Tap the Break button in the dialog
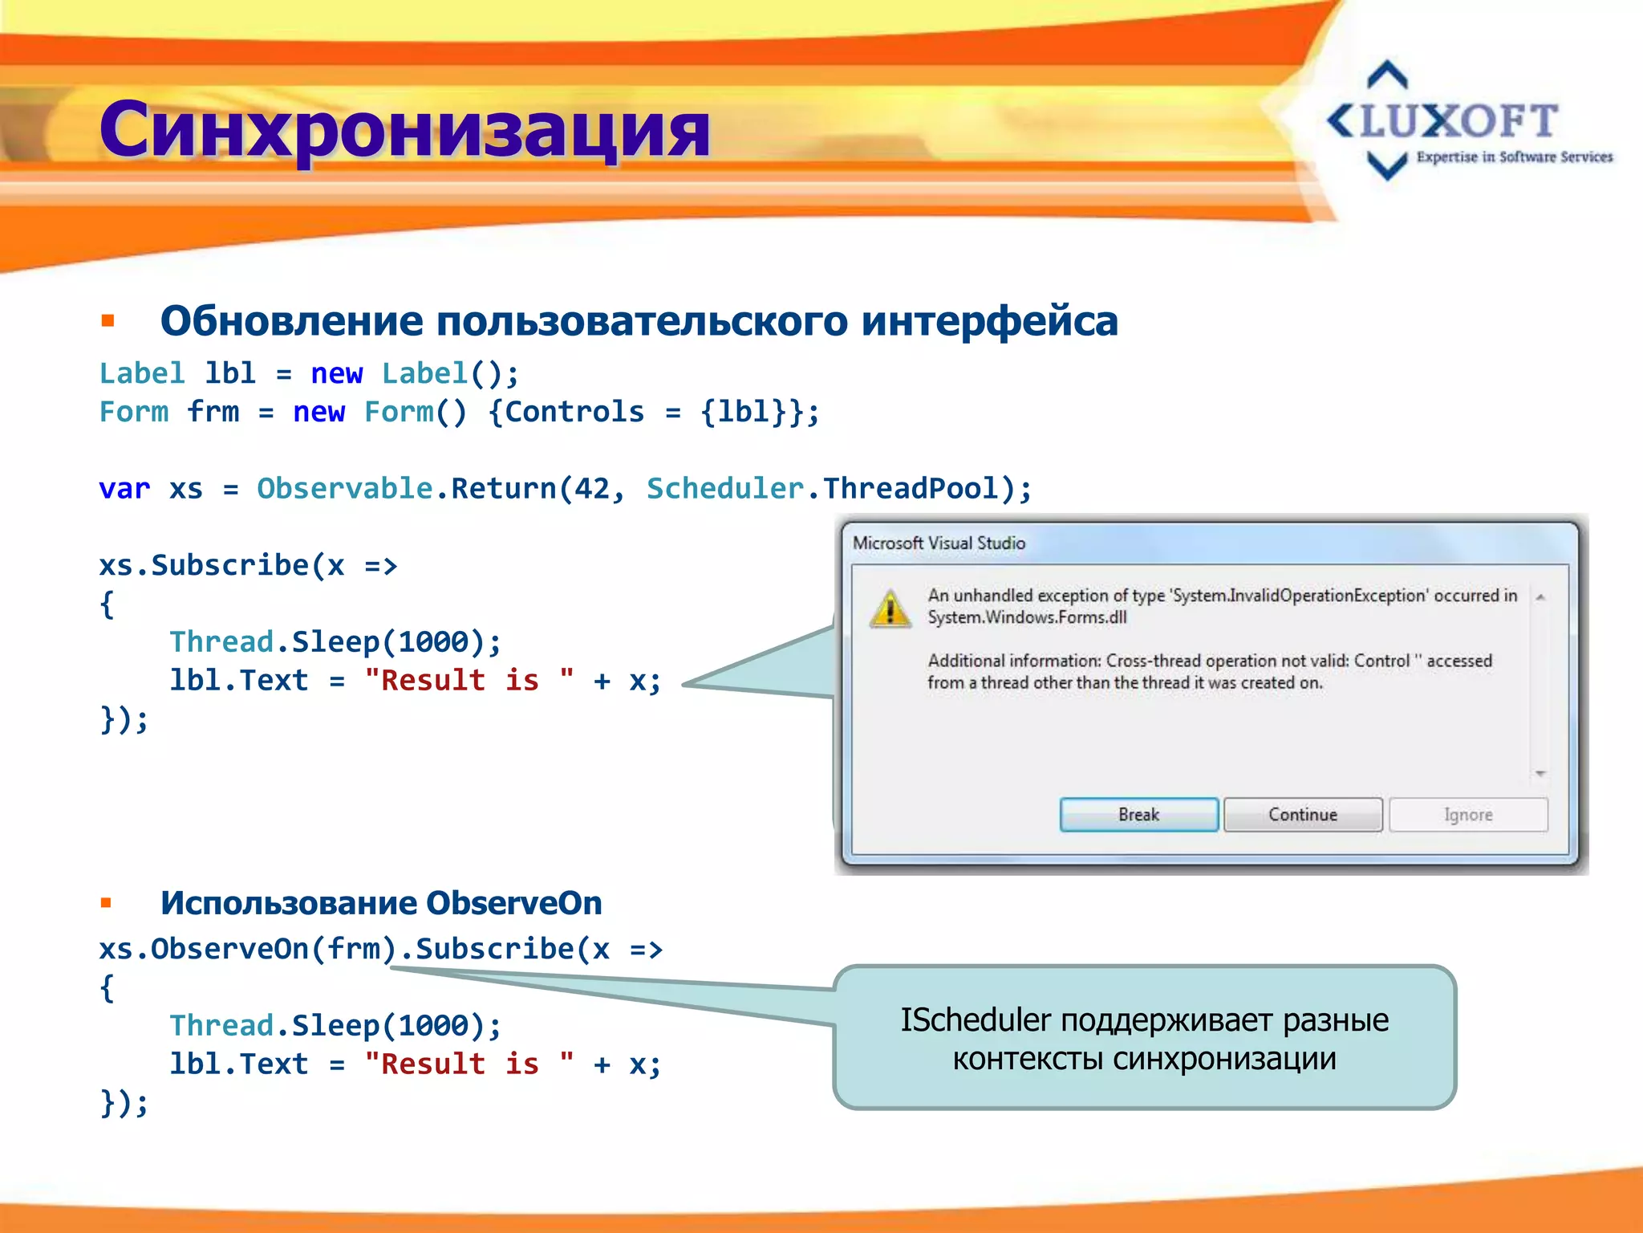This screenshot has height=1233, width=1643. (x=1138, y=815)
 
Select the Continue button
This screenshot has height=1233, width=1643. (x=1303, y=815)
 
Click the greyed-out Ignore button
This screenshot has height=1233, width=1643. (x=1467, y=815)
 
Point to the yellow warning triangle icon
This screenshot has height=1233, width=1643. (x=890, y=608)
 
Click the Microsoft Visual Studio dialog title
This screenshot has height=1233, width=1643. (x=939, y=543)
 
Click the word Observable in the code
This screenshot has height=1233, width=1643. (x=345, y=489)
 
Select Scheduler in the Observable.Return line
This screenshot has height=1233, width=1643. (x=724, y=489)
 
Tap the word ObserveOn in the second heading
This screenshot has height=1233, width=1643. (x=513, y=903)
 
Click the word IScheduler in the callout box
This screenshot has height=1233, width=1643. (x=975, y=1020)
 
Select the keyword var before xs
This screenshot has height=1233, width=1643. (x=124, y=489)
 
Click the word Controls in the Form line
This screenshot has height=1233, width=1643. (x=574, y=413)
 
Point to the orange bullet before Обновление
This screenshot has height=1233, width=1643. (x=108, y=322)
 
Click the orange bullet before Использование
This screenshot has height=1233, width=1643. (x=106, y=903)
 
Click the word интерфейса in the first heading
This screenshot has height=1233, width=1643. (x=989, y=322)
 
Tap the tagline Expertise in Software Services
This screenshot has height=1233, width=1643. (x=1514, y=157)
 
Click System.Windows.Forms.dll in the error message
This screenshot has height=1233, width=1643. (x=1027, y=617)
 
